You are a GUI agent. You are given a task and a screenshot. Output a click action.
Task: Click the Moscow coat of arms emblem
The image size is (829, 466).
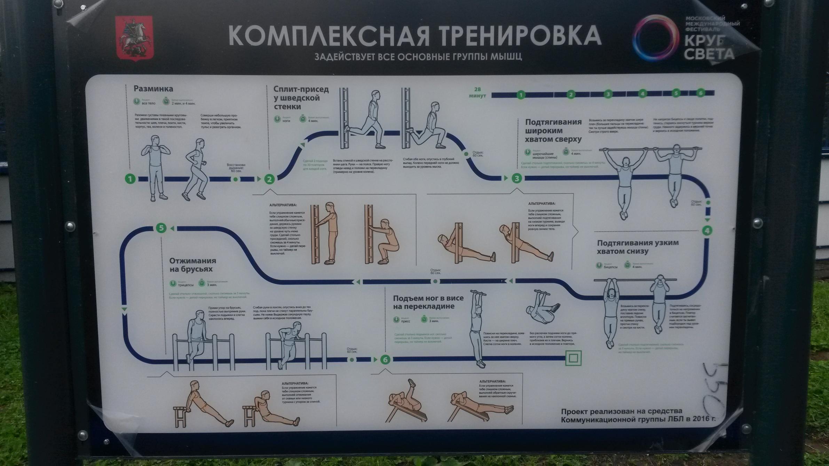click(134, 39)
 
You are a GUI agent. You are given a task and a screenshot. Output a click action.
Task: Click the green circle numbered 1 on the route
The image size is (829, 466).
click(130, 179)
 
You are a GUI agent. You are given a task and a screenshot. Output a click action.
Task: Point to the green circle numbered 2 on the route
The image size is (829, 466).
click(269, 179)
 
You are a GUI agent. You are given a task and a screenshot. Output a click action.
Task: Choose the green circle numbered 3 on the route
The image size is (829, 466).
click(516, 178)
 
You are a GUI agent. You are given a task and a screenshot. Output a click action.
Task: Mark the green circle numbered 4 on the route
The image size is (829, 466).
click(707, 231)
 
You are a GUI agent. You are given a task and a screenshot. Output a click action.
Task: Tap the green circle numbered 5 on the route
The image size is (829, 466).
click(161, 228)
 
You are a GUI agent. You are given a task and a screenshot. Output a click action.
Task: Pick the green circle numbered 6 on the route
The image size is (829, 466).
click(385, 360)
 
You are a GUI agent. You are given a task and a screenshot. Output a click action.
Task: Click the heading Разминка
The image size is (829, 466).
click(153, 89)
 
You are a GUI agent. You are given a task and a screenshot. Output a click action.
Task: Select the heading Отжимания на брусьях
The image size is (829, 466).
click(192, 265)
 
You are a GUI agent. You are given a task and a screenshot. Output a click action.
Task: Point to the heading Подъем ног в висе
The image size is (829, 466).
click(428, 302)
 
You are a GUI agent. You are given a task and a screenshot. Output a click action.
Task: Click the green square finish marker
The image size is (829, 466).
click(573, 358)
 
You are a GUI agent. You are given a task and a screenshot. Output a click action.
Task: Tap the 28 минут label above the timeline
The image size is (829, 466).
click(477, 93)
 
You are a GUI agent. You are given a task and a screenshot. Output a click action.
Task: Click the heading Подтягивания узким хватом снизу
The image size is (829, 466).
click(638, 247)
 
